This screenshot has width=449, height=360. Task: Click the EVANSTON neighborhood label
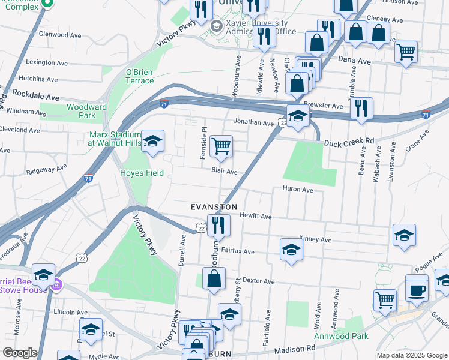(214, 206)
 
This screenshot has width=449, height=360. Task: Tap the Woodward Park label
(81, 111)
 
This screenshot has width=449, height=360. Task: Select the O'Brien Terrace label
(140, 76)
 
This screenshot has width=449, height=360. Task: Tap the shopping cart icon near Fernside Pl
(221, 146)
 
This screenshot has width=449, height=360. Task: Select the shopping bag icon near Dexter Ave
(214, 278)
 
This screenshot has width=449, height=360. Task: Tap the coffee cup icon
(417, 290)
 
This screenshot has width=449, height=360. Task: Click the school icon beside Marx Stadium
(153, 142)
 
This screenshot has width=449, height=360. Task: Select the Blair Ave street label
(224, 172)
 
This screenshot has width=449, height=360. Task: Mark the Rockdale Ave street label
(36, 96)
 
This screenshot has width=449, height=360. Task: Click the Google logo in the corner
(20, 353)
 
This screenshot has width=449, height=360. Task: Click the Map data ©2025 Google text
(411, 355)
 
